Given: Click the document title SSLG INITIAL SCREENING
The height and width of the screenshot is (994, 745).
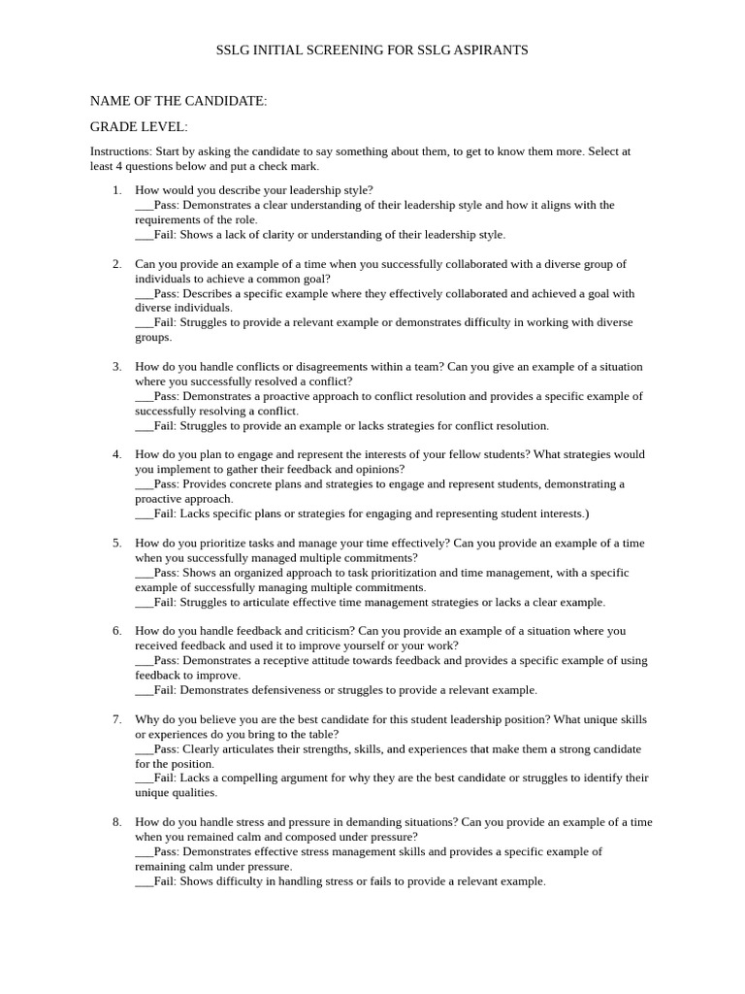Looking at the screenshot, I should [372, 50].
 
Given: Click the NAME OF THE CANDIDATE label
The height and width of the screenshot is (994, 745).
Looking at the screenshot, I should [178, 101].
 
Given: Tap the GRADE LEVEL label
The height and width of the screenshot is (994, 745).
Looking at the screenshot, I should [139, 127].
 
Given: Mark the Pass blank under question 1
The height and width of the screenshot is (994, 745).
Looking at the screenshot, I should [144, 206].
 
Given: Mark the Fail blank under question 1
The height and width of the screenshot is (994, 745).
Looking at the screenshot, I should [144, 235].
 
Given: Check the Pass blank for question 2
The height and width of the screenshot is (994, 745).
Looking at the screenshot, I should [144, 293].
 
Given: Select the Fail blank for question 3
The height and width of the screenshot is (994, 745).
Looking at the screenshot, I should [144, 426].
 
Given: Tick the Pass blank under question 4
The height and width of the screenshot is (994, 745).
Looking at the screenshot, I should [144, 484].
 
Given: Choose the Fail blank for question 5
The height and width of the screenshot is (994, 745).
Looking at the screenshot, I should [144, 603].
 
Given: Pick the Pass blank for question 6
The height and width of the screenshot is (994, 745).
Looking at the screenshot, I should [144, 661].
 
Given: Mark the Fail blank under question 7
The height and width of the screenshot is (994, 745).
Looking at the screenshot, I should [144, 779].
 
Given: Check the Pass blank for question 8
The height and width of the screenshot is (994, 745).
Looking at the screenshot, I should [144, 852].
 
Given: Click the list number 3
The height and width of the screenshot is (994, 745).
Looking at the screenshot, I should [116, 367].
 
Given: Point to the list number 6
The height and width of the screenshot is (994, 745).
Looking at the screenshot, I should [116, 631].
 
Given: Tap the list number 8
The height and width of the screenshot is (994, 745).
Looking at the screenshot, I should [116, 822].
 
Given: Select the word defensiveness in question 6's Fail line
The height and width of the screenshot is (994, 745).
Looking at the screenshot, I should [282, 690].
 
